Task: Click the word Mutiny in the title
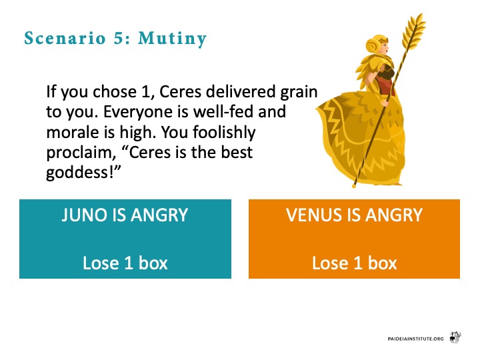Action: point(173,39)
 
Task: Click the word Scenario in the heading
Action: point(65,38)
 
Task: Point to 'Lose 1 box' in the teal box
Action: point(125,263)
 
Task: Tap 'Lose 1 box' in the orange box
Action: point(354,263)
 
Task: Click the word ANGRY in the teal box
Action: point(159,215)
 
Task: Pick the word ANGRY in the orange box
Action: point(394,215)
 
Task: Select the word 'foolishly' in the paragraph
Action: point(224,133)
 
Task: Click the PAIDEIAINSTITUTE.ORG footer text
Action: point(415,339)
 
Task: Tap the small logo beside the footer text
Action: point(455,337)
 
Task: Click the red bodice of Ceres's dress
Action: point(386,83)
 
